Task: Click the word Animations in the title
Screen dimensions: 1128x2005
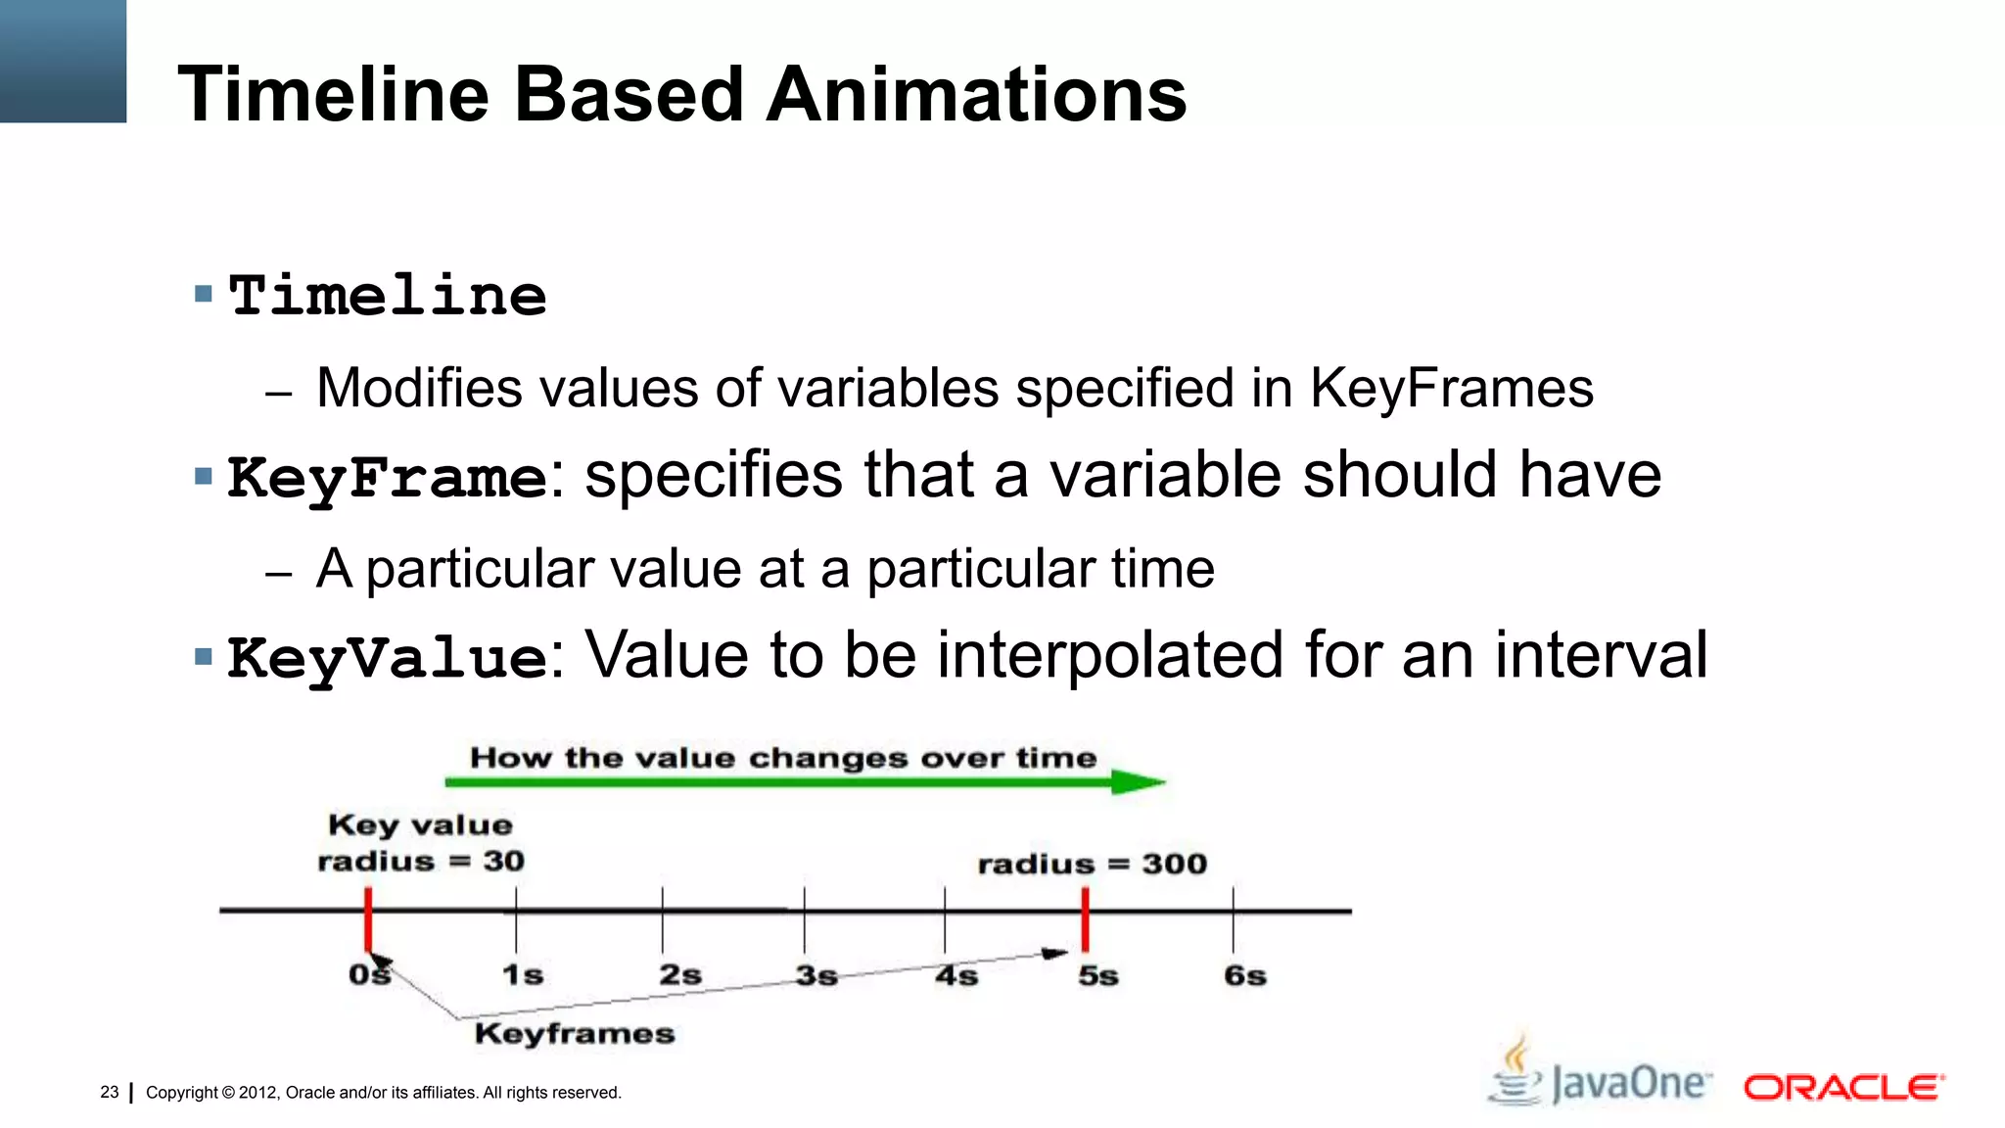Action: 976,95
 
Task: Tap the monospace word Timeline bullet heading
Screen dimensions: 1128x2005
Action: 388,297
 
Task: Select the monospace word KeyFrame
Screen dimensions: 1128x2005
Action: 387,478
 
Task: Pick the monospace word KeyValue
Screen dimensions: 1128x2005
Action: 387,658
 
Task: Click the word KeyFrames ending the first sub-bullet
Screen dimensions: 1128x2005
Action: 1452,389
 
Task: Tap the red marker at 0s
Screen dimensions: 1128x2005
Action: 368,918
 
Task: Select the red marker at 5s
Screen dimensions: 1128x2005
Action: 1085,918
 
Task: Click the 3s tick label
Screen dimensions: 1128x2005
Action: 816,975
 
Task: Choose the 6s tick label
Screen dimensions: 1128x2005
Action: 1244,975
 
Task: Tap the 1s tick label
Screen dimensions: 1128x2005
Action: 523,975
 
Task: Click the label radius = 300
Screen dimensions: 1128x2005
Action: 1092,864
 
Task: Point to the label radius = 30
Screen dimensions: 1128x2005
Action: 421,862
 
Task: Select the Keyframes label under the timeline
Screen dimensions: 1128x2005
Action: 575,1033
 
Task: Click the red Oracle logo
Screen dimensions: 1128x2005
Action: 1842,1088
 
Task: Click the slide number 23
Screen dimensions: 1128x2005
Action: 109,1092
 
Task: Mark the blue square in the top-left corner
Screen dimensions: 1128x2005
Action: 63,61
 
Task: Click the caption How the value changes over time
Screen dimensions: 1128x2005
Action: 783,758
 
